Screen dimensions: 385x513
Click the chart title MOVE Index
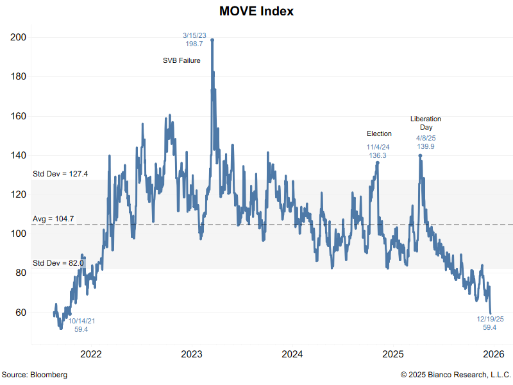(256, 12)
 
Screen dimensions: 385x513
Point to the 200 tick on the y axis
(19, 37)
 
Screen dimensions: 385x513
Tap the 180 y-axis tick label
(19, 76)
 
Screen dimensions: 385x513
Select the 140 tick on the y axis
(19, 155)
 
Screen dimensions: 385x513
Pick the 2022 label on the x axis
(91, 354)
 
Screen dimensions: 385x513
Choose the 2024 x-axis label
(292, 354)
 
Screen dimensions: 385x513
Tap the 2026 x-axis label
(494, 354)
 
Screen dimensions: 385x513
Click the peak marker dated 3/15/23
(212, 40)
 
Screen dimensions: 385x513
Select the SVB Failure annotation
(181, 61)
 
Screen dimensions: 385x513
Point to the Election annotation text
(379, 133)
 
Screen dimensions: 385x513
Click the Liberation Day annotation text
(426, 123)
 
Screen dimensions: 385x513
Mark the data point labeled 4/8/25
(420, 155)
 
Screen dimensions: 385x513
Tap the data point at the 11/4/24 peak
(378, 162)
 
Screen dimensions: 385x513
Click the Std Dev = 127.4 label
(60, 173)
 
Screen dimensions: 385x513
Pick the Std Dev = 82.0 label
(58, 263)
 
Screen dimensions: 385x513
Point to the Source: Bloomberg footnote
(34, 374)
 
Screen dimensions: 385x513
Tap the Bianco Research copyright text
(456, 374)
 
